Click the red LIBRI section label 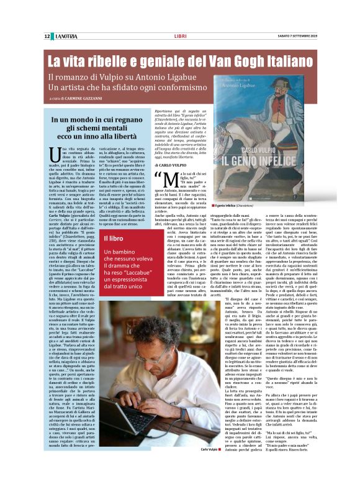[x=181, y=36]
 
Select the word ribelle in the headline [x=107, y=62]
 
